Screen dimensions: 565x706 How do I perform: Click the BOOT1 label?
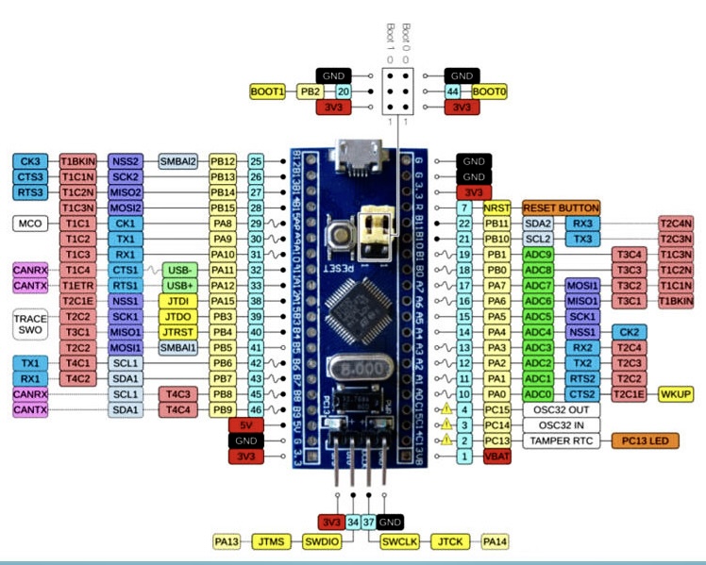tap(268, 91)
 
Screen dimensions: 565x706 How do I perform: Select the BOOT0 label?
tap(489, 91)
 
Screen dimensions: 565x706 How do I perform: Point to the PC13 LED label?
tap(650, 440)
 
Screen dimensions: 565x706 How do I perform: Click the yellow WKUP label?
tap(676, 392)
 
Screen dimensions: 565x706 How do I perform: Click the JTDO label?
tap(176, 316)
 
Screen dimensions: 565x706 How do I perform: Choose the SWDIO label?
tap(317, 541)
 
